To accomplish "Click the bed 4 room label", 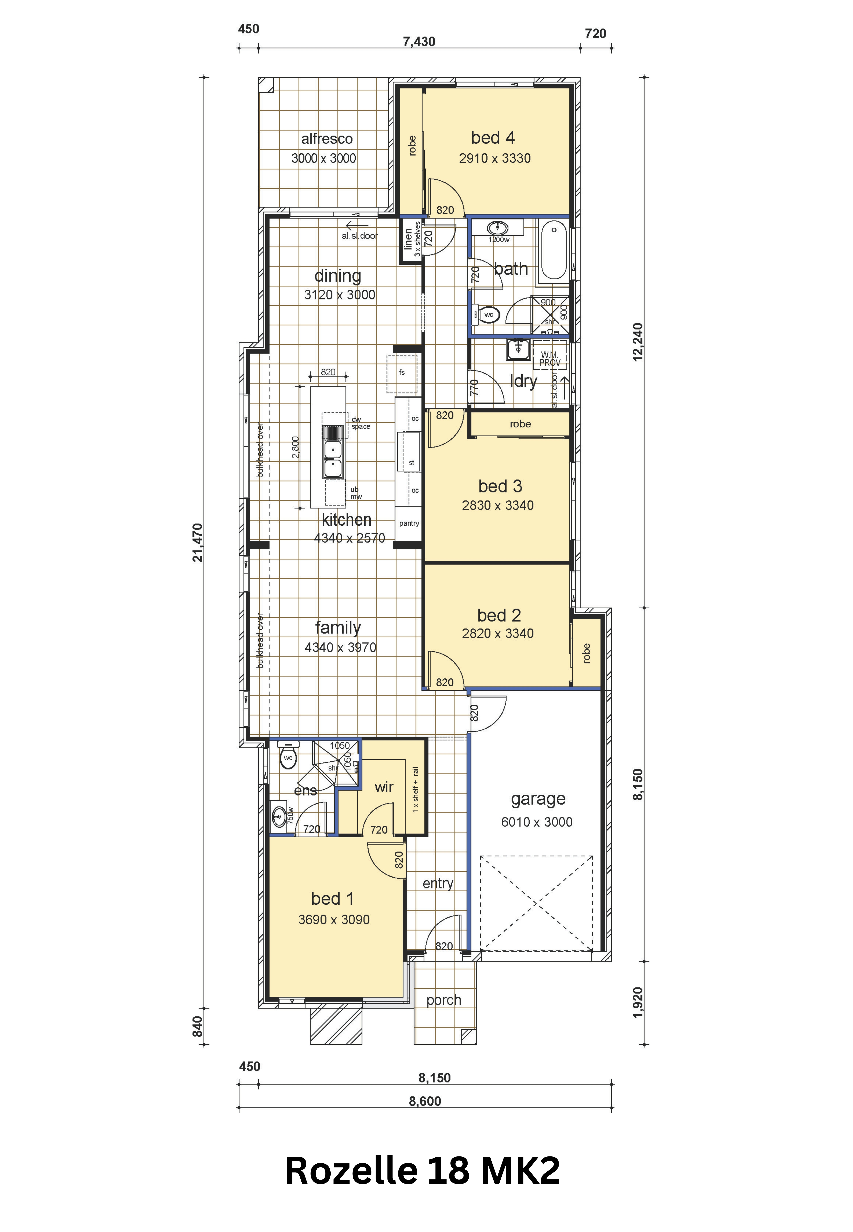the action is click(493, 138).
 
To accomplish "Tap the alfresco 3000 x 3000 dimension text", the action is click(324, 158).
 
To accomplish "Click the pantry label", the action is click(409, 523).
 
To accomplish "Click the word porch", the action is click(444, 1000).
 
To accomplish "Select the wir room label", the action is click(384, 787).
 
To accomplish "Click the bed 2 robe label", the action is click(587, 653).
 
